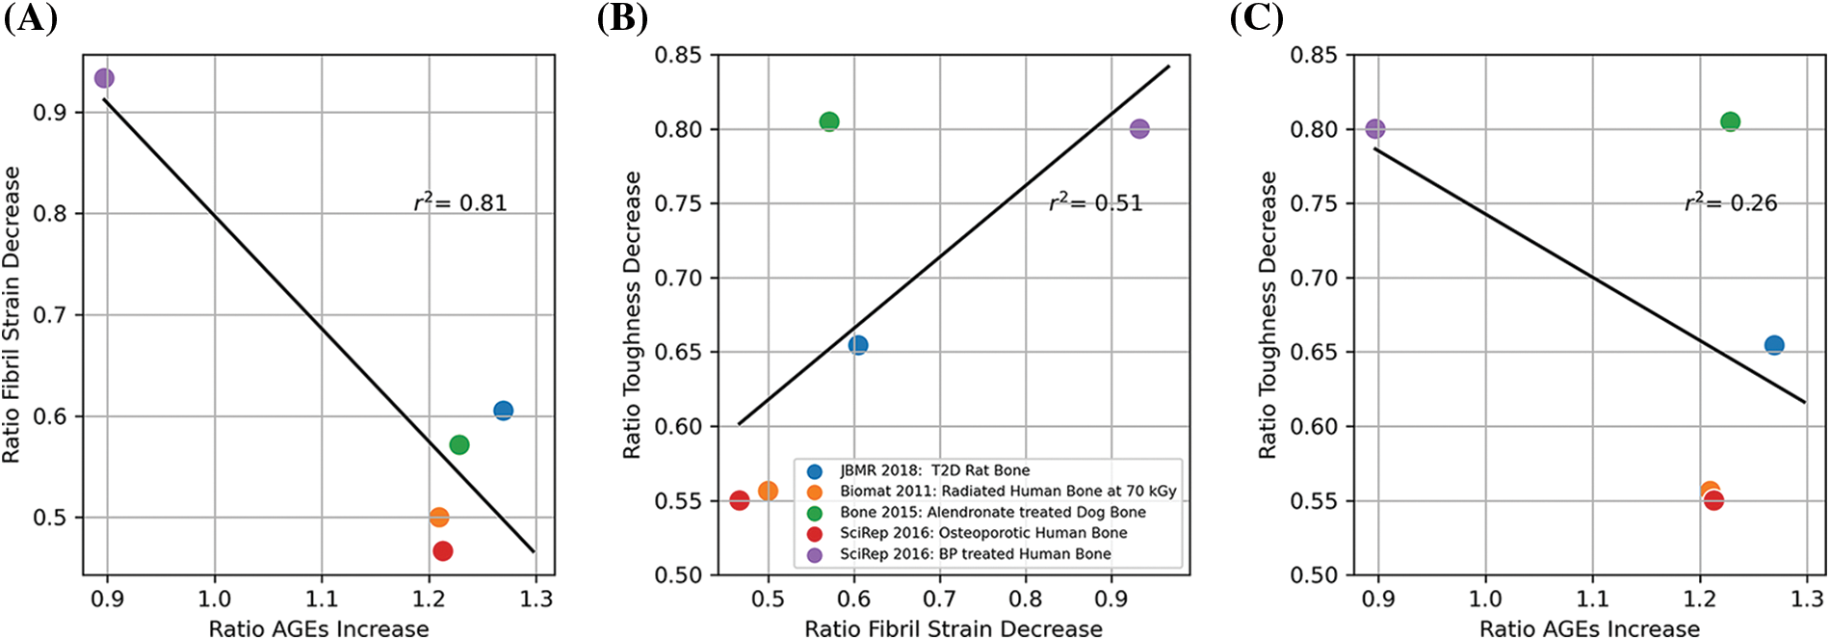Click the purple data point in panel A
[x=104, y=78]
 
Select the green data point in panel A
[x=459, y=444]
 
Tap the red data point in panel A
[x=443, y=551]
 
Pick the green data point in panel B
[x=829, y=121]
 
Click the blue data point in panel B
[x=858, y=345]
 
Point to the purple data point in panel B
[x=1139, y=129]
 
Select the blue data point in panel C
[x=1774, y=345]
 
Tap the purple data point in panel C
[x=1375, y=129]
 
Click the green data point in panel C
[x=1731, y=121]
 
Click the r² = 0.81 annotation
[x=460, y=202]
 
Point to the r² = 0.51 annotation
[x=1096, y=202]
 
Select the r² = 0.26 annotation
[x=1731, y=202]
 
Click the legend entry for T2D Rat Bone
[x=934, y=470]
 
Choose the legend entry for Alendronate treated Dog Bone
[x=992, y=512]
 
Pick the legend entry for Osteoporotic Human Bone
[x=982, y=533]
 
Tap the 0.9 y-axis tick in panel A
[x=50, y=113]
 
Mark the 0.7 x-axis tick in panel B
[x=940, y=599]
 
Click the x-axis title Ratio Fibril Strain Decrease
[x=954, y=628]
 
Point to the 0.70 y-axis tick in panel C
[x=1314, y=279]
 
